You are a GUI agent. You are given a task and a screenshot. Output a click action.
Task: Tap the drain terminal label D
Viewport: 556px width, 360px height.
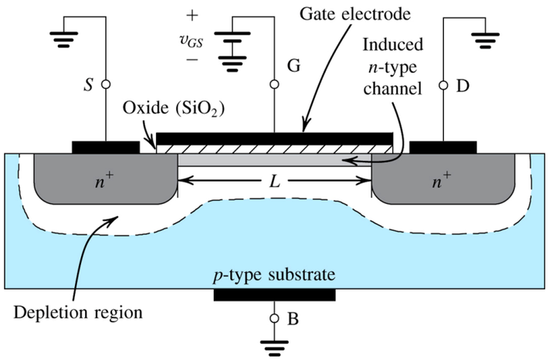[463, 84]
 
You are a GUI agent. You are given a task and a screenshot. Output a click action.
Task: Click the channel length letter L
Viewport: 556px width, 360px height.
[275, 182]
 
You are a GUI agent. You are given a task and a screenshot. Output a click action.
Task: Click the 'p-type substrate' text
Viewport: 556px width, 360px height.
[274, 275]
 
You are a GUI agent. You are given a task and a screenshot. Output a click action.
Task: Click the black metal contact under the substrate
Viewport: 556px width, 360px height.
[274, 294]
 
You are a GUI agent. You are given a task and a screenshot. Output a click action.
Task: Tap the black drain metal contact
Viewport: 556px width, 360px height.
[443, 146]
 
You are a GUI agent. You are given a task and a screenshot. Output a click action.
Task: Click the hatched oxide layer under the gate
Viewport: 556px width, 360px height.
[274, 146]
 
